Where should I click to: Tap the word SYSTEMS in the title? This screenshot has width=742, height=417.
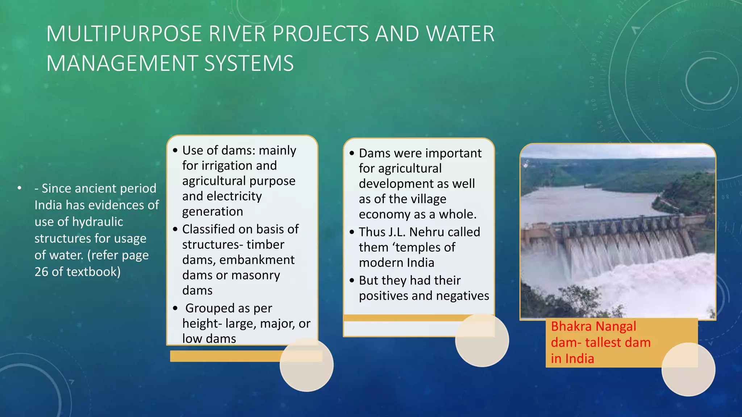pyautogui.click(x=249, y=64)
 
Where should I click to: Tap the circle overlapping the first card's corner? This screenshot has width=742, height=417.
pyautogui.click(x=307, y=365)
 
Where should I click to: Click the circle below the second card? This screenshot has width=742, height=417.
pyautogui.click(x=482, y=340)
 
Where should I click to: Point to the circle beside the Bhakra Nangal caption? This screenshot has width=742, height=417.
pyautogui.click(x=688, y=369)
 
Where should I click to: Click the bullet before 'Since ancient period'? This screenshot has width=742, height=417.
pyautogui.click(x=20, y=188)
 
